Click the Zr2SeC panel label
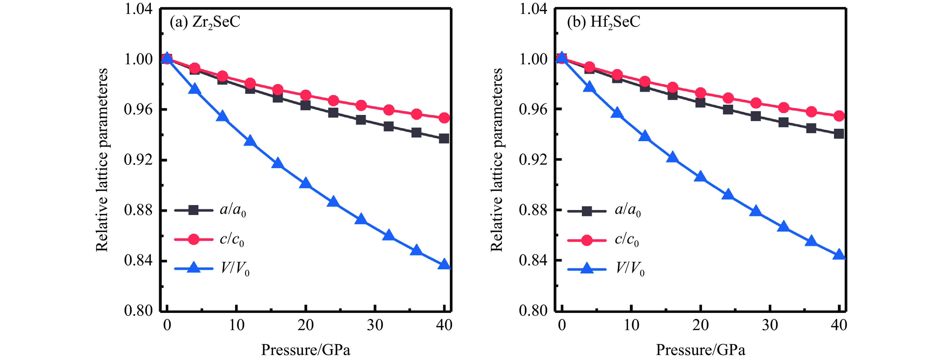[x=205, y=22]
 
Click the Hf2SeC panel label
[x=603, y=22]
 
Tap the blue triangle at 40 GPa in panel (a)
[x=444, y=264]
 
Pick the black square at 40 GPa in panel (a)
[x=444, y=139]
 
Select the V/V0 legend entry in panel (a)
[x=212, y=269]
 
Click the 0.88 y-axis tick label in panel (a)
[x=138, y=210]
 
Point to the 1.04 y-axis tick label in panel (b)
[x=533, y=9]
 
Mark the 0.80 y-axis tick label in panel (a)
[x=138, y=311]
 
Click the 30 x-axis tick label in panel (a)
[x=375, y=325]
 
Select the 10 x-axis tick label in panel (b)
[x=631, y=325]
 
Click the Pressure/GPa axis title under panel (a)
[x=305, y=350]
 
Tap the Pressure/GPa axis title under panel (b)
[x=700, y=350]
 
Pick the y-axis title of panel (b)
[x=496, y=160]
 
